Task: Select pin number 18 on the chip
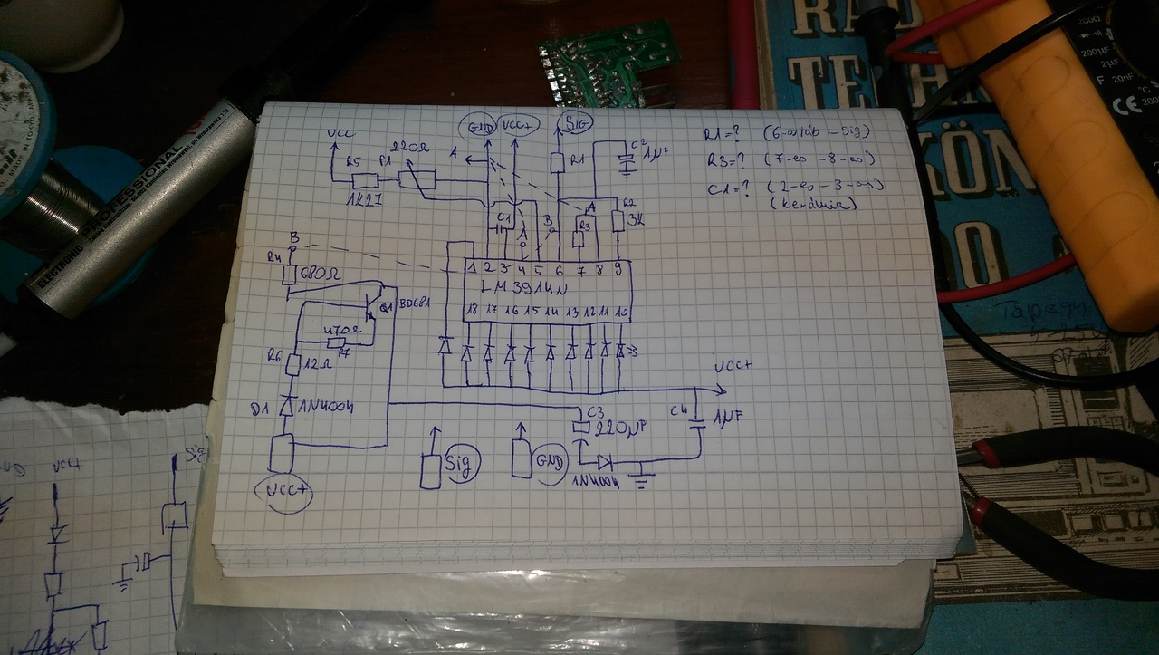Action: tap(471, 311)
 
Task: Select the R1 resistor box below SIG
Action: tap(559, 162)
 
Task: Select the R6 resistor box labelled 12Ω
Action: tap(292, 364)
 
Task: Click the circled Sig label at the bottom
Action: tap(462, 465)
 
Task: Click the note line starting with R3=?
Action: tap(789, 160)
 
